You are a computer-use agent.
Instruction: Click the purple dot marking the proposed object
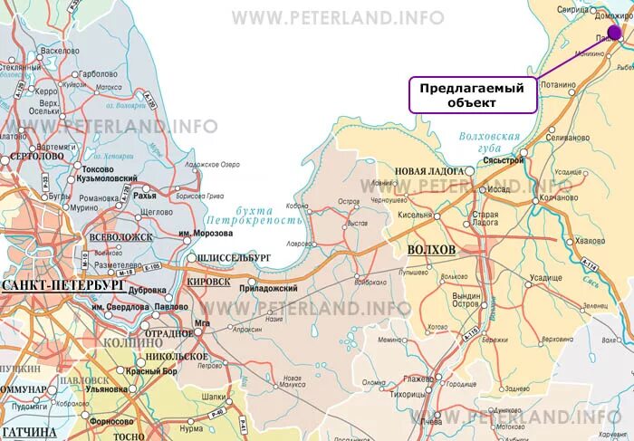click(x=615, y=34)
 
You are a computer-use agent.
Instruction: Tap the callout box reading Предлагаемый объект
click(x=472, y=95)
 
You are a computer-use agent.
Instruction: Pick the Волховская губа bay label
click(x=490, y=142)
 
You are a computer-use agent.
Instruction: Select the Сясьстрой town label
click(x=504, y=160)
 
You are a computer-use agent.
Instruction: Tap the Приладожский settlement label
click(x=268, y=288)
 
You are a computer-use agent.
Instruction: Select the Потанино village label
click(x=558, y=85)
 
